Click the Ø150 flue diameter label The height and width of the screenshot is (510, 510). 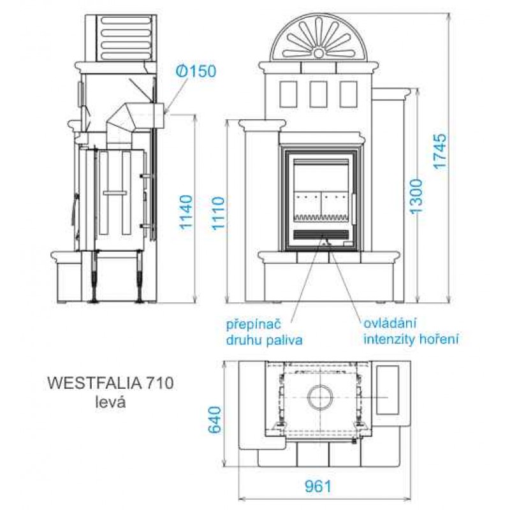click(196, 71)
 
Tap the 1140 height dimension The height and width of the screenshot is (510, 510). click(186, 212)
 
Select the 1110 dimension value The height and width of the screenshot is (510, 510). click(219, 214)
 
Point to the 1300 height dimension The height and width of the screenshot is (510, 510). click(416, 196)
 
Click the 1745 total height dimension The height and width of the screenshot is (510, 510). click(441, 151)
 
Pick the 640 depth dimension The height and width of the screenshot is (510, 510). click(215, 419)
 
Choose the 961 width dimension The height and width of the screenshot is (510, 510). click(317, 486)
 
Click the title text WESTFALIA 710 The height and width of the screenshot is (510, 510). click(110, 383)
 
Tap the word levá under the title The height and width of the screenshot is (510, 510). click(110, 402)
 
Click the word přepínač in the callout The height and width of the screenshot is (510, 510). click(253, 325)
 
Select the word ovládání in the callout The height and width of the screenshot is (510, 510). click(390, 324)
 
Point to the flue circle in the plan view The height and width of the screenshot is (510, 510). click(321, 398)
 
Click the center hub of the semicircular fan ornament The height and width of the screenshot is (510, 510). click(319, 52)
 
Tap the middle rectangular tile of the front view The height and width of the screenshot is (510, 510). click(318, 94)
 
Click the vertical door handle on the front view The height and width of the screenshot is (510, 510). click(353, 210)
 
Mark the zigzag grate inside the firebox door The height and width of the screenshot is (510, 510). click(321, 217)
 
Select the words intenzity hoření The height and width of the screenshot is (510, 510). click(411, 339)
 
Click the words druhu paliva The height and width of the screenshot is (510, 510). click(265, 340)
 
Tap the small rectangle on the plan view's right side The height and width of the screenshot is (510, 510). click(388, 390)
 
